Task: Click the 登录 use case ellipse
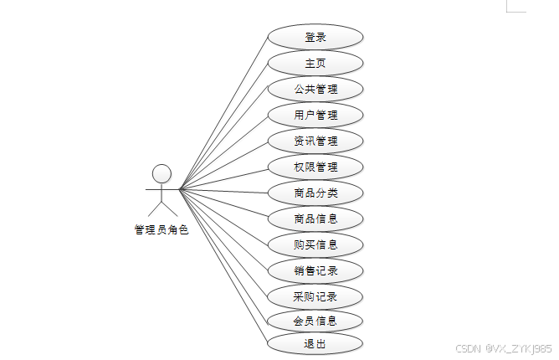click(x=315, y=38)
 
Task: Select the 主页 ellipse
click(x=315, y=63)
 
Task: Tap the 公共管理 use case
click(x=315, y=89)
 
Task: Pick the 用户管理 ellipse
click(x=315, y=115)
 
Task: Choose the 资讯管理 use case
click(x=315, y=141)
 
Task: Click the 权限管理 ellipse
click(x=315, y=167)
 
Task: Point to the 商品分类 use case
click(x=315, y=193)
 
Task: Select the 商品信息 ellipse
click(x=315, y=219)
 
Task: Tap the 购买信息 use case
click(x=315, y=244)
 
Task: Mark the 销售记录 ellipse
click(x=315, y=270)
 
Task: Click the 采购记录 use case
click(x=315, y=296)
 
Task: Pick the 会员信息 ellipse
click(x=315, y=321)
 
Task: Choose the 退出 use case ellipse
click(x=315, y=343)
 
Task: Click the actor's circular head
click(x=162, y=173)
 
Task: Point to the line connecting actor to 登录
click(x=223, y=114)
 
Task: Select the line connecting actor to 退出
click(x=223, y=265)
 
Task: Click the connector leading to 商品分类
click(x=223, y=190)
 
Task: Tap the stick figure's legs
click(x=162, y=206)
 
